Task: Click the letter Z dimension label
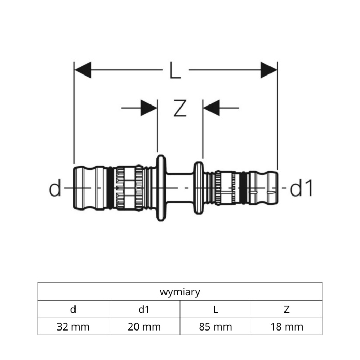point(179,108)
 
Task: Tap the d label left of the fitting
point(55,189)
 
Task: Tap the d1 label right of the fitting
point(302,189)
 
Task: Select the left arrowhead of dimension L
point(83,69)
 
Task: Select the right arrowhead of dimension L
point(269,69)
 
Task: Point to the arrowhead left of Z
point(149,108)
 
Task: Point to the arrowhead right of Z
point(211,108)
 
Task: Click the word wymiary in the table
point(179,292)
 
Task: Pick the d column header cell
point(73,309)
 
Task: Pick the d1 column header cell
point(144,309)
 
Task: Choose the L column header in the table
point(215,309)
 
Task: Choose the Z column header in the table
point(287,309)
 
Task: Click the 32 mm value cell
point(73,326)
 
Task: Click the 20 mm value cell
point(144,326)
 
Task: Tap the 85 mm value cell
point(215,326)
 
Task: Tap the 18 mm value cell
point(287,326)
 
